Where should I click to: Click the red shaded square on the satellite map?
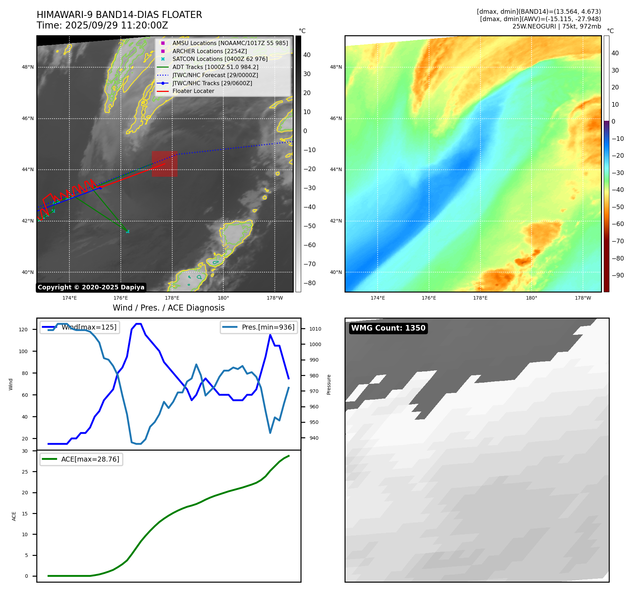coord(165,164)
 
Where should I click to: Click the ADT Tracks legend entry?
coord(207,67)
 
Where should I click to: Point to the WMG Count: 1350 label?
coord(388,328)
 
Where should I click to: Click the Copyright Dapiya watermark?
coord(91,287)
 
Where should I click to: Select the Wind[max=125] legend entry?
coord(79,327)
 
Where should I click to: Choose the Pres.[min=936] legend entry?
coord(259,327)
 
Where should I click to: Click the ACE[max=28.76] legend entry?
coord(81,459)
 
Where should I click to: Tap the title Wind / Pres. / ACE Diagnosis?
coord(169,308)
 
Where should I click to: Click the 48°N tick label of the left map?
coord(28,67)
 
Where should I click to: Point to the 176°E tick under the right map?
coord(429,298)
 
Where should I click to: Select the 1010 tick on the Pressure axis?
coord(315,329)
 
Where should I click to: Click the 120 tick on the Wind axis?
coord(23,330)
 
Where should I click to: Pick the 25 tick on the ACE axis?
coord(25,472)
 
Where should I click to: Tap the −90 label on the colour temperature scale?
coord(618,275)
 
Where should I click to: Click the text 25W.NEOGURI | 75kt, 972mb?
coord(557,26)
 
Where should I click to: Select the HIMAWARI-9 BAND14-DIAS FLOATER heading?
coord(119,15)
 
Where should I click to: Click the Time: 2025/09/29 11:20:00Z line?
coord(103,25)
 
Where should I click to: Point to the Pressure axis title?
coord(329,384)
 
